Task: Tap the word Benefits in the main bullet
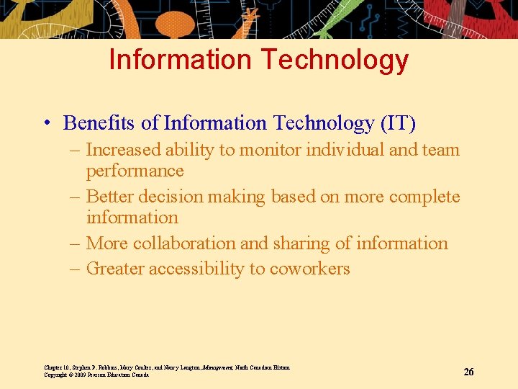[x=99, y=123]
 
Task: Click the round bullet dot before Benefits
[x=45, y=124]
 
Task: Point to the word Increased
[x=123, y=150]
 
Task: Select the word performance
[x=135, y=171]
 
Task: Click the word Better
[x=109, y=197]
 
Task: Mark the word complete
[x=425, y=197]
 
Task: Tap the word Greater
[x=114, y=269]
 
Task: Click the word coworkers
[x=309, y=269]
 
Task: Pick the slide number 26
[x=468, y=372]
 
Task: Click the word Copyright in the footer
[x=56, y=375]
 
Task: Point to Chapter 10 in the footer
[x=57, y=367]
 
